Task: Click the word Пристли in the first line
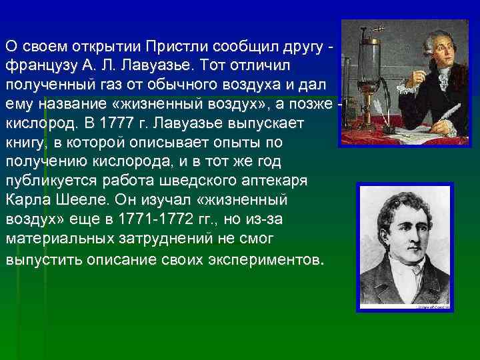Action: click(177, 48)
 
